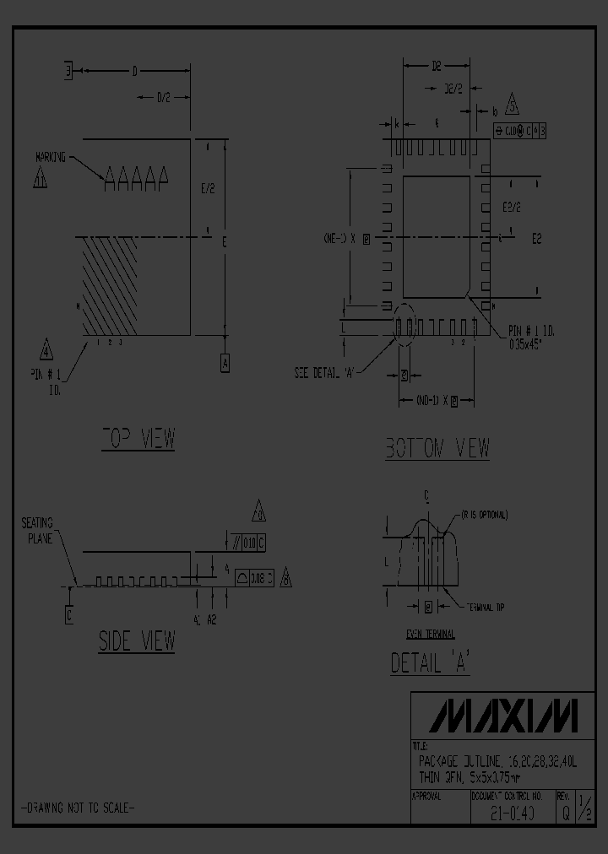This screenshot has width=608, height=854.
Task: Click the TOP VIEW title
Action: [x=138, y=439]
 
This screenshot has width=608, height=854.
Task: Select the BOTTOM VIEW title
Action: [x=437, y=448]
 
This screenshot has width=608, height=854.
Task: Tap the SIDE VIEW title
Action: [x=137, y=640]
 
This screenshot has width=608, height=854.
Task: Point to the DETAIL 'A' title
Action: [x=430, y=663]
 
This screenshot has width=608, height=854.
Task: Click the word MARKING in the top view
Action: [x=51, y=157]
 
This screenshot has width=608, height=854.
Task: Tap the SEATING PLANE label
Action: [x=38, y=531]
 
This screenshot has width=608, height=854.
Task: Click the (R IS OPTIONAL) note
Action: [x=484, y=515]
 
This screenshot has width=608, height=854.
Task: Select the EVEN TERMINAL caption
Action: [x=430, y=634]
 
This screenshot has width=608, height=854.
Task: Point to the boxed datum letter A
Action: [x=225, y=363]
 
